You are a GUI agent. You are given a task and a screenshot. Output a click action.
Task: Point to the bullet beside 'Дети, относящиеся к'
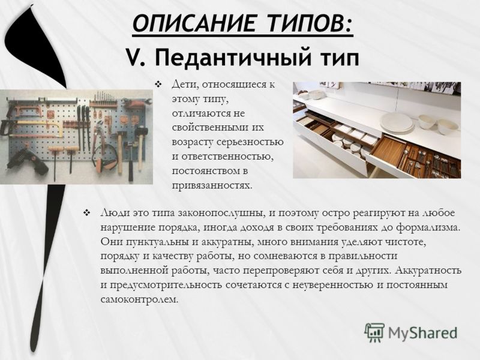tap(158, 83)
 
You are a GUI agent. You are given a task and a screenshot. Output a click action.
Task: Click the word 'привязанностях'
tap(211, 186)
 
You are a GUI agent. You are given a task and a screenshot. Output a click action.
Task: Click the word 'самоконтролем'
tap(139, 299)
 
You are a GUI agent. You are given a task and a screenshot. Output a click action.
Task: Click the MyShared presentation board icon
tap(374, 332)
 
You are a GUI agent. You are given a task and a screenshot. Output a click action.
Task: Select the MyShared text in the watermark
tap(422, 333)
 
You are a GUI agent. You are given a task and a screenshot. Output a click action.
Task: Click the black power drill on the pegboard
tap(27, 162)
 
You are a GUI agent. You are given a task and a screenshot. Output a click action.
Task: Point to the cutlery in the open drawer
tap(428, 162)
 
